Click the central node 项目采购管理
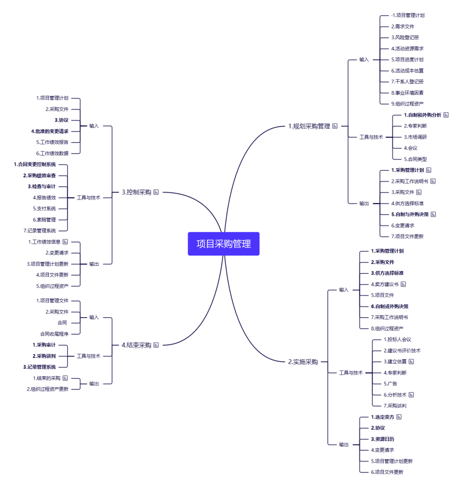[223, 244]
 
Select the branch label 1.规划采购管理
[309, 126]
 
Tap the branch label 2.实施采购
[303, 362]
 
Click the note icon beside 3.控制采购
[156, 192]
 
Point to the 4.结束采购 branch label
[136, 345]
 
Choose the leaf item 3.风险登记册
[405, 37]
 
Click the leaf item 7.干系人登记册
[407, 82]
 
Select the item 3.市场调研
[415, 137]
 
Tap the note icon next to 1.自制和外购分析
[446, 115]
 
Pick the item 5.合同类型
[415, 159]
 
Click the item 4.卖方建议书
[385, 284]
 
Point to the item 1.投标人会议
[397, 339]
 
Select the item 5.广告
[390, 384]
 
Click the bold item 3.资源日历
[382, 439]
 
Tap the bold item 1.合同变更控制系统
[35, 164]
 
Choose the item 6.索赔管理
[44, 220]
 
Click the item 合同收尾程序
[54, 333]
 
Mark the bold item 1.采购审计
[44, 345]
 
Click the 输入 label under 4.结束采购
[94, 317]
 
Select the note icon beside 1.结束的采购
[65, 378]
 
